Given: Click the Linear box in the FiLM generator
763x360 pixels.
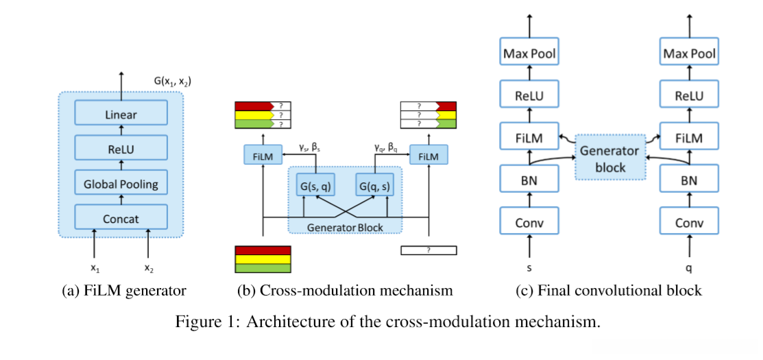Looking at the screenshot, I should click(121, 115).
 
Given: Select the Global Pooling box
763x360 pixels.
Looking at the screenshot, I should click(121, 184).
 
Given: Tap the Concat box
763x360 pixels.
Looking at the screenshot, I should click(121, 219).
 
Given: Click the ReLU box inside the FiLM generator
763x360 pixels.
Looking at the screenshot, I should click(121, 149).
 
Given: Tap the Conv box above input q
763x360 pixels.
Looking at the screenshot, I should click(689, 222).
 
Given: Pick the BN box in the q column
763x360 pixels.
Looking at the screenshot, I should click(689, 181).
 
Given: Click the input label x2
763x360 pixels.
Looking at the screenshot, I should click(149, 267).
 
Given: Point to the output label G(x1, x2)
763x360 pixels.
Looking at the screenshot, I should click(172, 82).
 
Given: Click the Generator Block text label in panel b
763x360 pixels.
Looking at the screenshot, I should click(344, 227).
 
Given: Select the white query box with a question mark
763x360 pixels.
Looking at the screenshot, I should click(428, 250).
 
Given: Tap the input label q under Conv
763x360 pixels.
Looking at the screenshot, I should click(689, 265).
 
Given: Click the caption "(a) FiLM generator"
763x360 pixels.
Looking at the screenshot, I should click(124, 291).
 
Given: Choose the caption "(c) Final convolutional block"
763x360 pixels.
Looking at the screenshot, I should click(609, 291).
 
